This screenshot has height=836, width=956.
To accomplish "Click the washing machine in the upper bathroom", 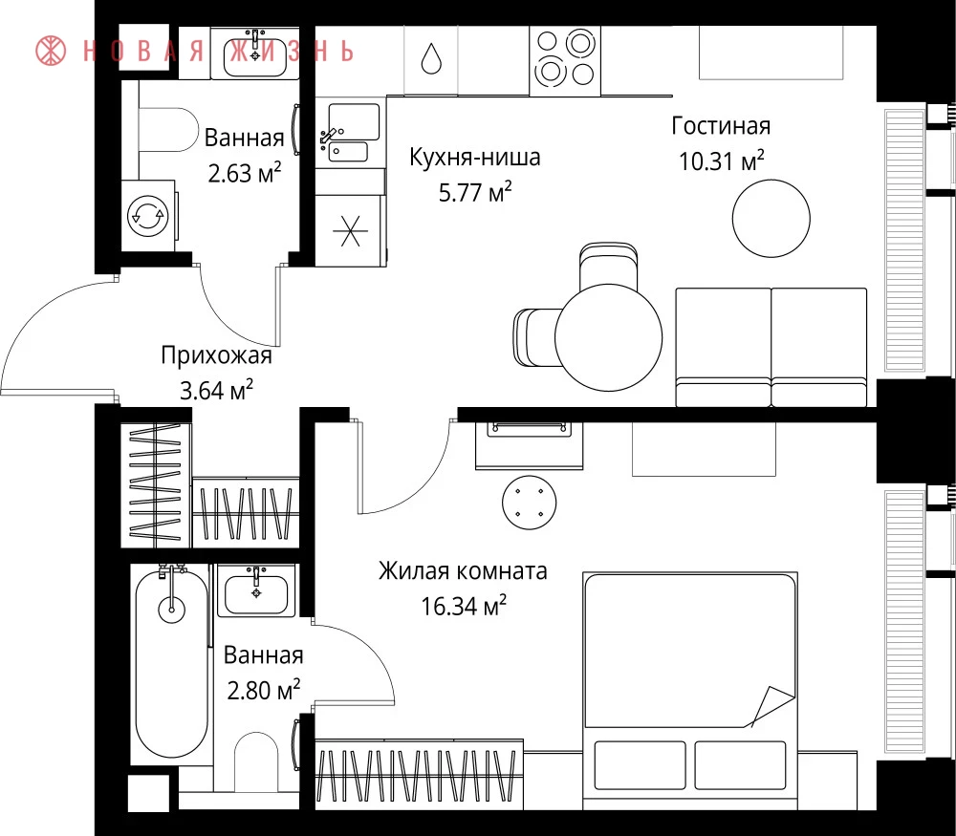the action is pos(149,215).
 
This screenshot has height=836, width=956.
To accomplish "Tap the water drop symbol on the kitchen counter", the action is pos(431,58).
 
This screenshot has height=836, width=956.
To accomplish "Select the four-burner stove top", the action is pos(565,61).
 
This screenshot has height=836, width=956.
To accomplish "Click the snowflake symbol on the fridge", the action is pos(350,231).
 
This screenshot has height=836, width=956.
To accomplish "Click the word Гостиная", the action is pos(721,125).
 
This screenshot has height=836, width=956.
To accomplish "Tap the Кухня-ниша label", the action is pos(474,158).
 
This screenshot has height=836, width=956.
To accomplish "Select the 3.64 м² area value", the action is pos(216,390).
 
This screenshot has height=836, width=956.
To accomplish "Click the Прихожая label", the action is pos(216,355).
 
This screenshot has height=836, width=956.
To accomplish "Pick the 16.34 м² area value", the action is pos(464,607).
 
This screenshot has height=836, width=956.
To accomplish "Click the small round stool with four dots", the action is pos(530,503).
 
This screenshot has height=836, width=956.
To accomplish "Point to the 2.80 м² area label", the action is pos(264,691).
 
